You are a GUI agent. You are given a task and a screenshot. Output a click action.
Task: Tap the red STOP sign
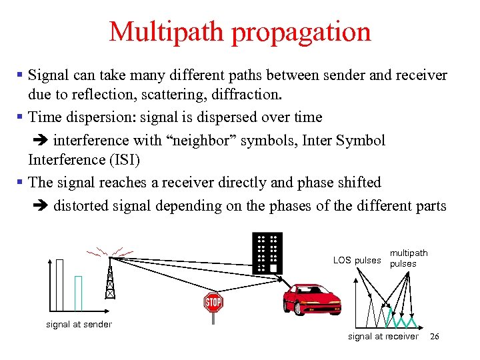[x=213, y=303]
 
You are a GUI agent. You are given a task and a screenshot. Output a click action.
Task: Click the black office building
[x=267, y=253]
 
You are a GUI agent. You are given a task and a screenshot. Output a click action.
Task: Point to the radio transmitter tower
[x=111, y=277]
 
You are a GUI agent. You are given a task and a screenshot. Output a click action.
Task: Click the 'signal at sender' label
[x=79, y=324]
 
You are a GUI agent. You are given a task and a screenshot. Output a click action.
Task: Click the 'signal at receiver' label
[x=383, y=337]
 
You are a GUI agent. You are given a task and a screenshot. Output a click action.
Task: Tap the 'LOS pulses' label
[x=357, y=260]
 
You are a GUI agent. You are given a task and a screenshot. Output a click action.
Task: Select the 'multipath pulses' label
[x=409, y=258]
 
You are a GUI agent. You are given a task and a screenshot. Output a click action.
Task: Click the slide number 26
[x=435, y=337]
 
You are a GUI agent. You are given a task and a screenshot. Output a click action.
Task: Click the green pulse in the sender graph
[x=78, y=293]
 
